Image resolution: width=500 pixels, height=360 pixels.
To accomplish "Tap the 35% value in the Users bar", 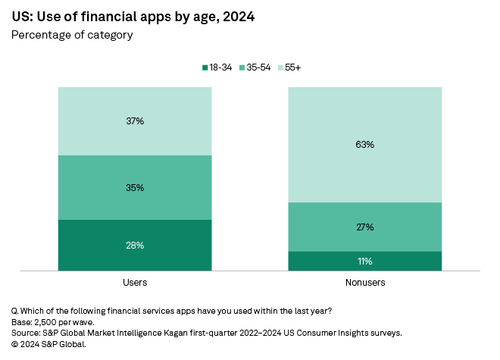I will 135,187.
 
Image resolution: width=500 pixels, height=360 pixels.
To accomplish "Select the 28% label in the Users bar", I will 135,245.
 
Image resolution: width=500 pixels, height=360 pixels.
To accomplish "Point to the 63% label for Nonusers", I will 365,144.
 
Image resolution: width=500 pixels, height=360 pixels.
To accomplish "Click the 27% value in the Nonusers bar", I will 365,227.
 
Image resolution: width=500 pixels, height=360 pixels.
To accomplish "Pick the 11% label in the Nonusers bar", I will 365,261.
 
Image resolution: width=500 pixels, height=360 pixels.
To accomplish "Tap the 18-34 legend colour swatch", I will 205,67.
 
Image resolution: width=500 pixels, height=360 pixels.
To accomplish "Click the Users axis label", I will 135,282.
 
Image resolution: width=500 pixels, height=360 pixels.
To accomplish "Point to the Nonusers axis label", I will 365,282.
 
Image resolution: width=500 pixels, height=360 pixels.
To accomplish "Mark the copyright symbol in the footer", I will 14,343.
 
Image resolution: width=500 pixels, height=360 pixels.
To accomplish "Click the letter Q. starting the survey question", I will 14,311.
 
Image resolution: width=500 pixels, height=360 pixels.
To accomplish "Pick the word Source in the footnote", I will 25,333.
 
